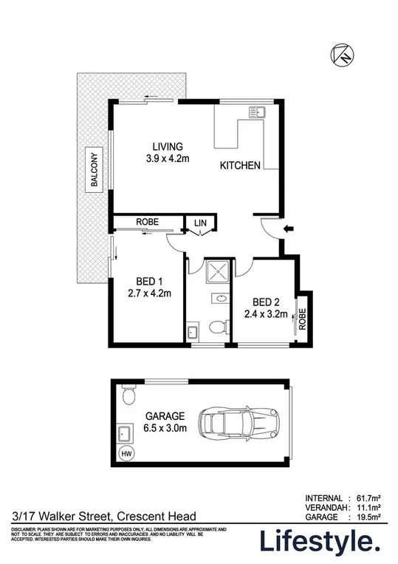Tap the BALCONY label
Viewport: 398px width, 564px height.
coord(95,170)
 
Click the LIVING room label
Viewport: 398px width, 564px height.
coord(168,146)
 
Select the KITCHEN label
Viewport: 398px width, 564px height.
coord(240,166)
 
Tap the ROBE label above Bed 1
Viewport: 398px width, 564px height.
coord(146,222)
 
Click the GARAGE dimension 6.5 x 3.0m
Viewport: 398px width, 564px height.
coord(165,427)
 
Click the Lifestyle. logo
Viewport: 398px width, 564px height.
coord(319,542)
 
